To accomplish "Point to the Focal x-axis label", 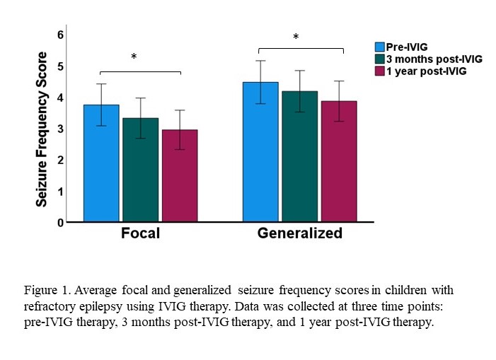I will click(x=141, y=233).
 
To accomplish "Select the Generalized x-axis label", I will click(x=300, y=233).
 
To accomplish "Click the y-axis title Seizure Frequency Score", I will click(x=43, y=129).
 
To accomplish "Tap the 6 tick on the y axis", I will click(x=60, y=35).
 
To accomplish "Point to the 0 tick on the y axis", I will click(x=60, y=222).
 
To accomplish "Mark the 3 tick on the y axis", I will click(x=60, y=129).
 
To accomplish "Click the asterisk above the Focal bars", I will click(x=133, y=57).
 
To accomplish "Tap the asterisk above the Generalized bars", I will click(x=296, y=37).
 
